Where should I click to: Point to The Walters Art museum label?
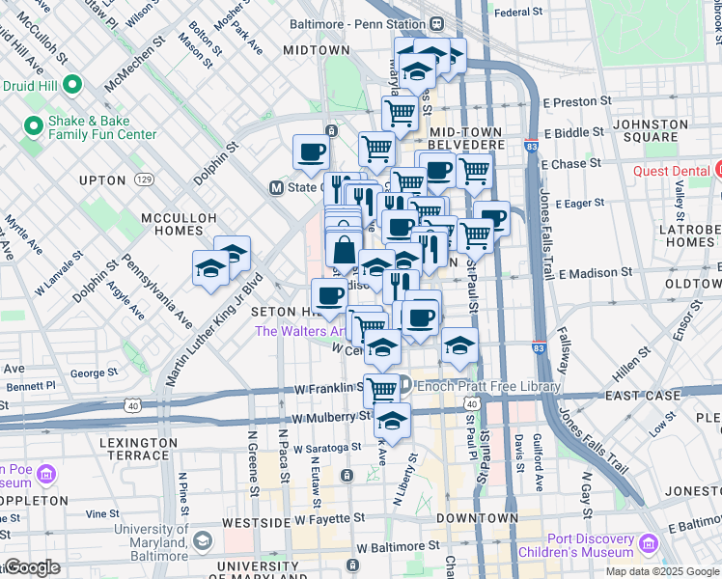(299, 331)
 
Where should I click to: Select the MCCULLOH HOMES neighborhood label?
(178, 227)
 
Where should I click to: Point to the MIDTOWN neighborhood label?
(317, 50)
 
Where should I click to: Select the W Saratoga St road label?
(327, 448)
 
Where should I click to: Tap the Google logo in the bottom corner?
(31, 568)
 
